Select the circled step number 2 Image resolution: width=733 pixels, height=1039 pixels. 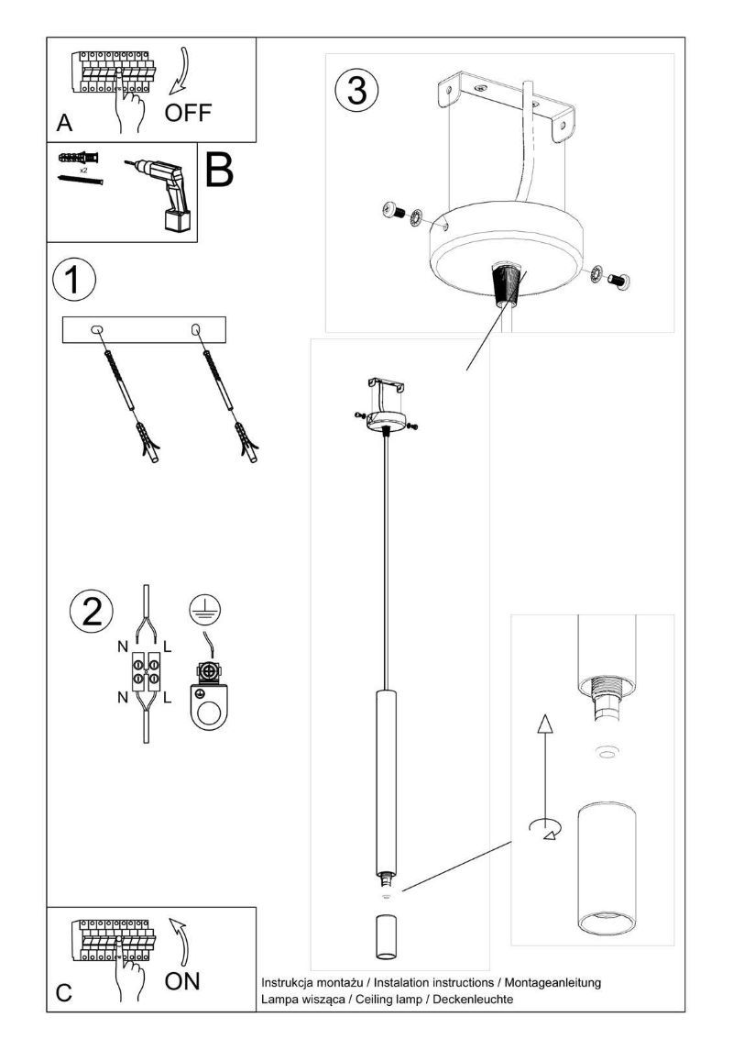[93, 612]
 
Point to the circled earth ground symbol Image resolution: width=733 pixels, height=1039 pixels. [206, 608]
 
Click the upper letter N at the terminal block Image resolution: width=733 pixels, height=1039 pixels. [122, 647]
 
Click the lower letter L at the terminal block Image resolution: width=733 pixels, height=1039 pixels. [167, 699]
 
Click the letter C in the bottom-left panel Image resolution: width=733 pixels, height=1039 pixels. [63, 992]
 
